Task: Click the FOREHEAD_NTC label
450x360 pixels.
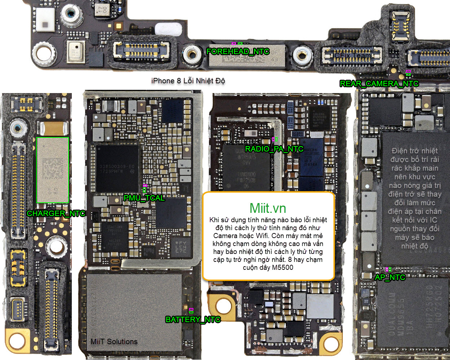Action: click(x=238, y=52)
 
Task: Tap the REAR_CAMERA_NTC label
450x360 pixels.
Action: click(x=379, y=84)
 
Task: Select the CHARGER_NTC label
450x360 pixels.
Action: click(x=56, y=214)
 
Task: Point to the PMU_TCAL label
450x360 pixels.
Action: click(x=144, y=198)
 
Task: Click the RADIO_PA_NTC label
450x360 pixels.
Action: click(x=274, y=149)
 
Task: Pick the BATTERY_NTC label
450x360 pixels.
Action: click(x=193, y=320)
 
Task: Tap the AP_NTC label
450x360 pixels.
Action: click(x=390, y=277)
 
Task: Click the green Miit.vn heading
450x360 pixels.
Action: click(x=268, y=208)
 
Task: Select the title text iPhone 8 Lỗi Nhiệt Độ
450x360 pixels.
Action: click(x=188, y=81)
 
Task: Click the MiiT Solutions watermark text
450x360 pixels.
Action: click(x=114, y=342)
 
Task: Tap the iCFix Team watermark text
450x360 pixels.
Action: click(x=352, y=56)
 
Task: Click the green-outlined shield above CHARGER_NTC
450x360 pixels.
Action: click(x=53, y=170)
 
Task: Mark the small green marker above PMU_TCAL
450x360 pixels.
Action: click(x=144, y=189)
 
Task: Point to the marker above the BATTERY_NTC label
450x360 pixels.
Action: click(x=191, y=310)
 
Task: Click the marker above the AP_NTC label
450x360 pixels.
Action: click(x=388, y=269)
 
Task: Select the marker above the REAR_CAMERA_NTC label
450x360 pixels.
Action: click(x=408, y=73)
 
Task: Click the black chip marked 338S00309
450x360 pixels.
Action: click(x=117, y=168)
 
